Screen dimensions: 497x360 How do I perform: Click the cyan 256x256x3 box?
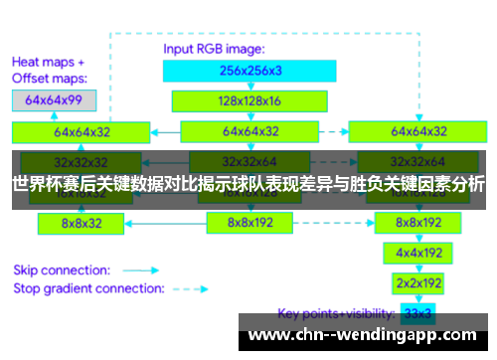click(x=236, y=71)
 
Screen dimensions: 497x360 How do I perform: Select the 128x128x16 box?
click(x=236, y=100)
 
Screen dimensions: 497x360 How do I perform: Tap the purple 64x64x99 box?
click(x=54, y=99)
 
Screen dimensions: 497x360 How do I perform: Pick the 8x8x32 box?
click(x=81, y=224)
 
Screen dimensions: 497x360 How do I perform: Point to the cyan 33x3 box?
click(x=417, y=314)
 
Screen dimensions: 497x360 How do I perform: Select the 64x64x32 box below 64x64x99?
click(x=83, y=131)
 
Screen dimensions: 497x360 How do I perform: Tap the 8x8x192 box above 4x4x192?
click(x=417, y=223)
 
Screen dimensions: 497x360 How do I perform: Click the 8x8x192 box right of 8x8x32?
click(x=249, y=224)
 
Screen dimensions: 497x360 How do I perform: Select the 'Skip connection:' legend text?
click(x=61, y=270)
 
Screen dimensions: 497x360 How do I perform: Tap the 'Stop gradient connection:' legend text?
click(x=87, y=288)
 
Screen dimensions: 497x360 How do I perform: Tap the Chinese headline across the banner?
click(x=248, y=184)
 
